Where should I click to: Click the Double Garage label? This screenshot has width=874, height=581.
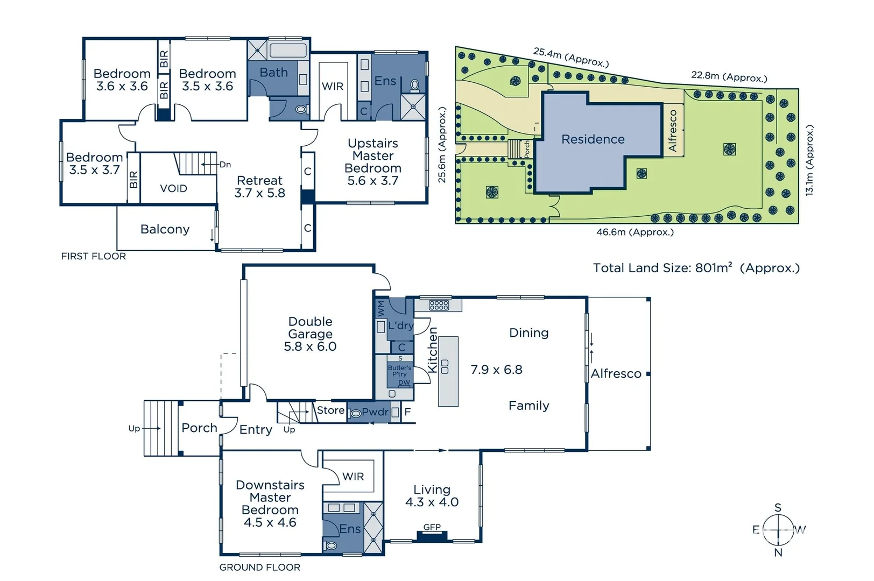(310, 334)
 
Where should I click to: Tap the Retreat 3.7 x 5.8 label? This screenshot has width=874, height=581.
(259, 187)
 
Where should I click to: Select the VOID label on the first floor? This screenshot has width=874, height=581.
(173, 188)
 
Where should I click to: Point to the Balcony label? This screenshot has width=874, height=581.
(165, 229)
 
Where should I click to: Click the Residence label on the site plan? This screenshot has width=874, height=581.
(593, 139)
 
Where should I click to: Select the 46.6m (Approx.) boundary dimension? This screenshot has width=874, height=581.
(635, 232)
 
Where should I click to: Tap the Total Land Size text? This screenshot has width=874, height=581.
(696, 268)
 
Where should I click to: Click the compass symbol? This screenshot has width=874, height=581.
(778, 530)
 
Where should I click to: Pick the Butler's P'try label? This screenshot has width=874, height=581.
(399, 371)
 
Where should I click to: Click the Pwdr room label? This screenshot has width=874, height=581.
(375, 412)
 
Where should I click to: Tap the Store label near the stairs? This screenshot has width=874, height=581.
(330, 410)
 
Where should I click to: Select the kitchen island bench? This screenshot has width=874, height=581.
(448, 371)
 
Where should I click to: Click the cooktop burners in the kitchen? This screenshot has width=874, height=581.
(439, 306)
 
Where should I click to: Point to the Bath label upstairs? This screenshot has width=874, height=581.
(273, 72)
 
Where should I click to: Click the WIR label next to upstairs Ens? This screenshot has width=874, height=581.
(332, 86)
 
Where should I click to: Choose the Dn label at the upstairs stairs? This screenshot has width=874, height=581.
(225, 165)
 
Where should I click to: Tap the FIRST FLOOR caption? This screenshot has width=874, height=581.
(93, 256)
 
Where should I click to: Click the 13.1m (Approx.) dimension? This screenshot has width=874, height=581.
(809, 160)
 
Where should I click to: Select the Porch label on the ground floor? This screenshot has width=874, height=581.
(199, 428)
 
